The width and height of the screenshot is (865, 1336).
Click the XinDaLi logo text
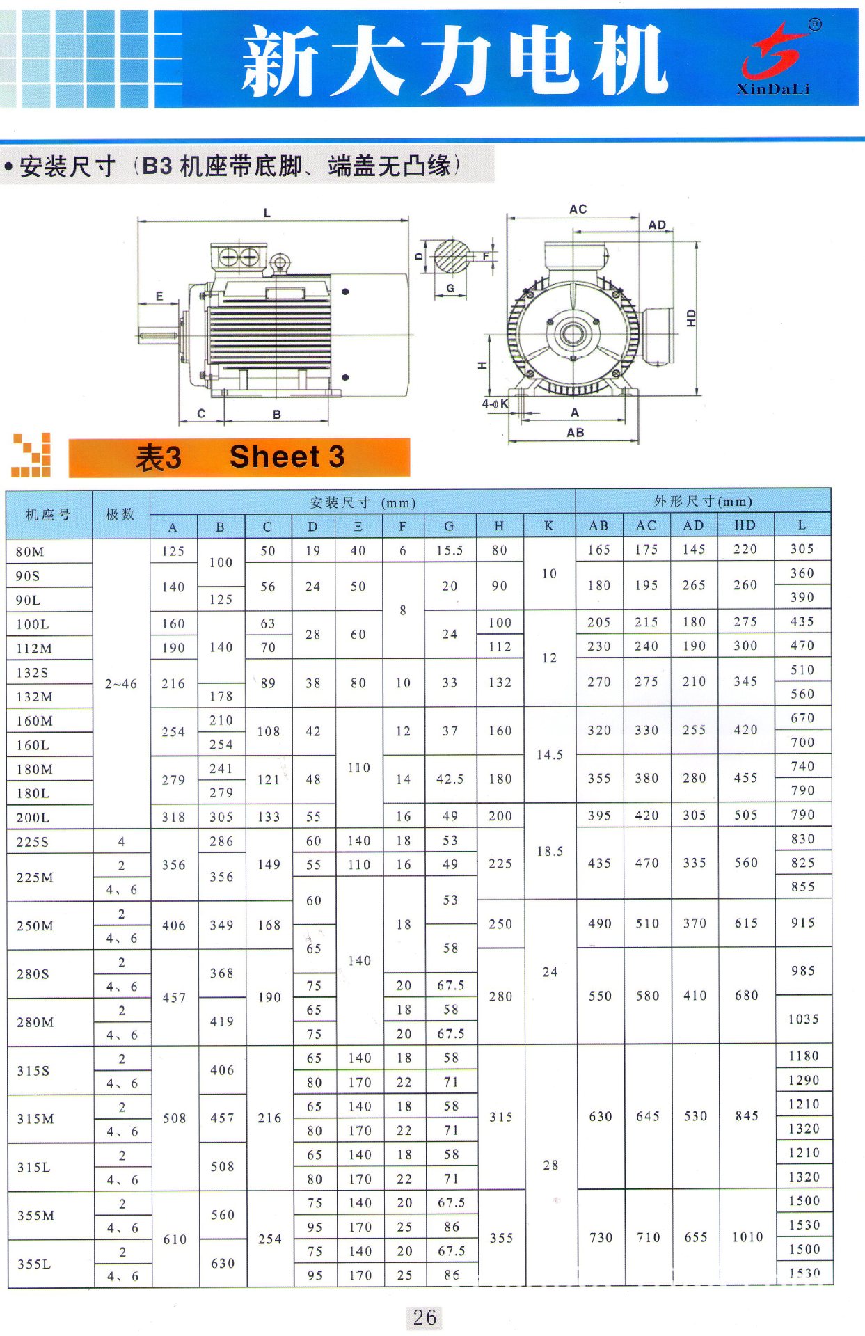[772, 89]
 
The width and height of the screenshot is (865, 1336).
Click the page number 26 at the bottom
[424, 1317]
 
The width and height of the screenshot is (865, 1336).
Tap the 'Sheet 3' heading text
[287, 457]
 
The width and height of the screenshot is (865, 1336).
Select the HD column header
[745, 525]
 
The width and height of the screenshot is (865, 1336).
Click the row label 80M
[31, 552]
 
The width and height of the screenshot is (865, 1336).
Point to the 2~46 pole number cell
[121, 684]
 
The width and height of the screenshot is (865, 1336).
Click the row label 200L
[33, 818]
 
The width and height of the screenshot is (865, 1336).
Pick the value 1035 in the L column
[803, 1019]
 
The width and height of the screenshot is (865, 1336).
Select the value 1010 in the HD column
[747, 1236]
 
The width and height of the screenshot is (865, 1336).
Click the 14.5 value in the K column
[550, 755]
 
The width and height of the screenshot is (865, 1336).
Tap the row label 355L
[34, 1264]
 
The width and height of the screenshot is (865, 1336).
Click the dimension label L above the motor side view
[267, 213]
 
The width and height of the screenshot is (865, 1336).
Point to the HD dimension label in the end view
[691, 318]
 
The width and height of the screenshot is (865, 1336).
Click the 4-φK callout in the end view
[495, 404]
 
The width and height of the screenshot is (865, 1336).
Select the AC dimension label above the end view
[578, 209]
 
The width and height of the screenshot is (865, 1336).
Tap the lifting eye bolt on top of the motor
[280, 263]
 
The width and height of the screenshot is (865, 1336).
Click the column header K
[549, 526]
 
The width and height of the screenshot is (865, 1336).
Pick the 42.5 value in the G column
[450, 779]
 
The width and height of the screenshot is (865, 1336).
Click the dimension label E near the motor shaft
[159, 296]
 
